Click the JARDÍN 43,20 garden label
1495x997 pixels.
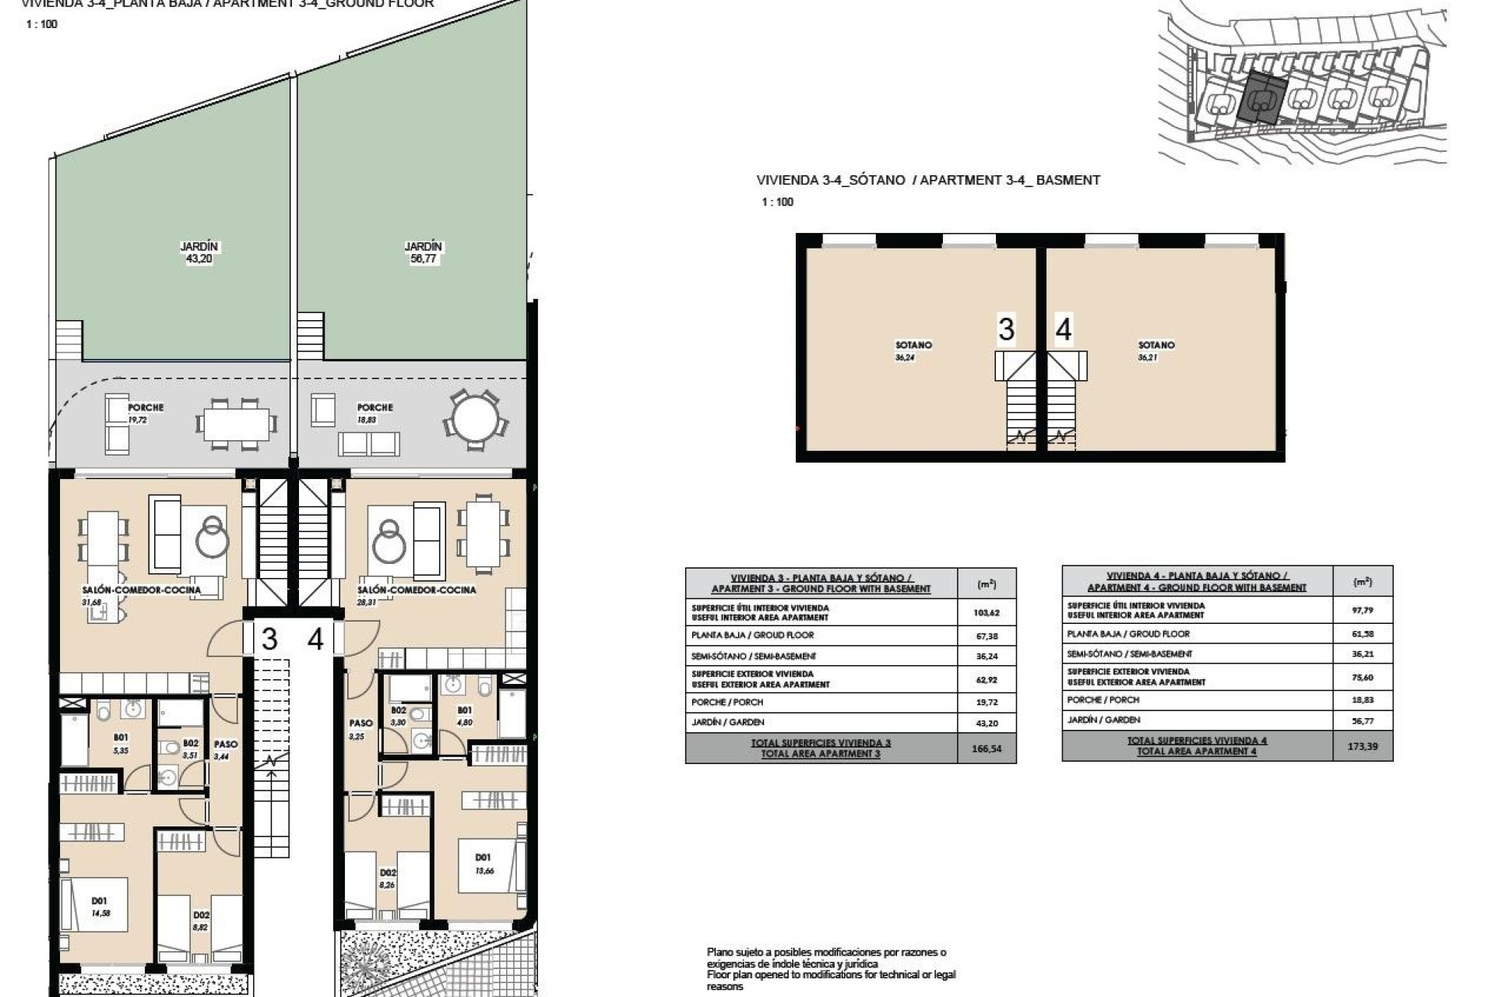199,252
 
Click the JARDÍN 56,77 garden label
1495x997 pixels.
423,252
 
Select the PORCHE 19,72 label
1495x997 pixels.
145,413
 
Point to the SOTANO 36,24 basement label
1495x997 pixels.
913,351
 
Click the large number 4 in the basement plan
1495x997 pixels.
1063,329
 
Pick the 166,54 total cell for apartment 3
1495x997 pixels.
986,749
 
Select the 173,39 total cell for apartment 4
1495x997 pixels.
1362,746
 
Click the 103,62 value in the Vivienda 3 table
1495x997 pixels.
986,612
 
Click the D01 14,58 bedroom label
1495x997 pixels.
100,907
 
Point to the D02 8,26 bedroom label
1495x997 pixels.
388,879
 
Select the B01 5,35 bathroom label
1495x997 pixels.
121,743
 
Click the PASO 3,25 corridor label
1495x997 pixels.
360,729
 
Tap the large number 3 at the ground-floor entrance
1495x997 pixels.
269,639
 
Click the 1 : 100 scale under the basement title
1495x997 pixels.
777,202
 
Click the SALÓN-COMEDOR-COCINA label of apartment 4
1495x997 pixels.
417,590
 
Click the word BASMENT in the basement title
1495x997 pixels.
1068,180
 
